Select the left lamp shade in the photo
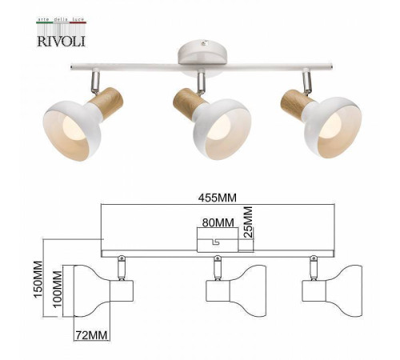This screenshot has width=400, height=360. [x=75, y=121]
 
